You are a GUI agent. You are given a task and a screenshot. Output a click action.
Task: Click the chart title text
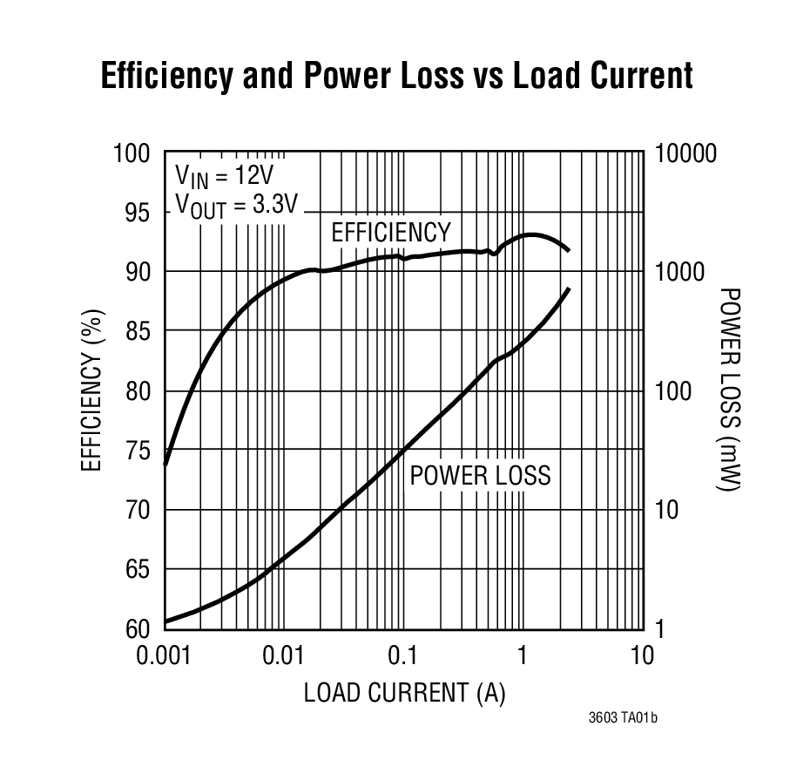397,76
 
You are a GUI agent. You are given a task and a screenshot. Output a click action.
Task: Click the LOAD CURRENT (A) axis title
404,693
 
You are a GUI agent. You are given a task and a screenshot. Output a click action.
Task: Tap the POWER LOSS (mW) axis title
730,389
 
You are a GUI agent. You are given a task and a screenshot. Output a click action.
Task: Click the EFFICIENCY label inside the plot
391,233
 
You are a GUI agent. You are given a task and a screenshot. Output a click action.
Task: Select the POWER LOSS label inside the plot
480,475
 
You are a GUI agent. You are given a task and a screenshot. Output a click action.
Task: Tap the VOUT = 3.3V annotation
237,205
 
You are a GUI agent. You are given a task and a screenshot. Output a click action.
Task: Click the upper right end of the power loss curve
570,288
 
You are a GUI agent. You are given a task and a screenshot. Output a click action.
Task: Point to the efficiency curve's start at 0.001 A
165,464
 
